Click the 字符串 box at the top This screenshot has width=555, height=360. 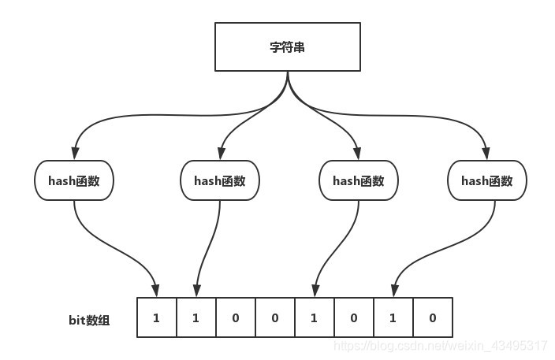[287, 46]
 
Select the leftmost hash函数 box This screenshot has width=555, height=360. [74, 180]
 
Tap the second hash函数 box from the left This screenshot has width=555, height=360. [219, 180]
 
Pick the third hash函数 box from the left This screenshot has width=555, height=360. [358, 180]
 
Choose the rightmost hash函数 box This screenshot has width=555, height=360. [486, 180]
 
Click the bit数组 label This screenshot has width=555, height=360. [90, 320]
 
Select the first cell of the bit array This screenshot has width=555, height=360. [156, 317]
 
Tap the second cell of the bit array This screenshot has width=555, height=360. [196, 317]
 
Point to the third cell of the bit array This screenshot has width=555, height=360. [235, 317]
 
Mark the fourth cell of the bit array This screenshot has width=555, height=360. [274, 317]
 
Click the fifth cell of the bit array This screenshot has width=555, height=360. [314, 317]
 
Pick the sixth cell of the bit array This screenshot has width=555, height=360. [353, 317]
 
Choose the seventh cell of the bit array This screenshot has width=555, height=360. [393, 317]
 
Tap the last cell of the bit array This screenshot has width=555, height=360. [432, 317]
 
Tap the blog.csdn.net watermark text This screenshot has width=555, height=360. [441, 346]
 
